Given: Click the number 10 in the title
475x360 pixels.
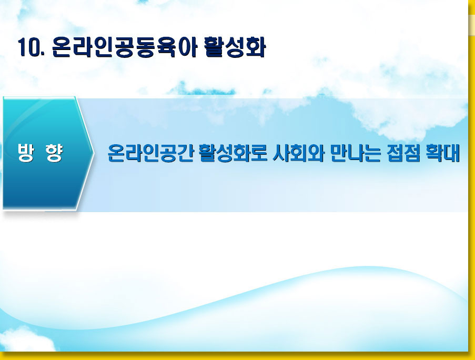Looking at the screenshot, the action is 29,47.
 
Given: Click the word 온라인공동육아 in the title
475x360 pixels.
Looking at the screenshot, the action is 125,47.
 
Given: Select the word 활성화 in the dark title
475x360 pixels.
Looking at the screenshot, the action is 235,47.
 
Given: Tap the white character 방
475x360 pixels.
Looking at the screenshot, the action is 26,153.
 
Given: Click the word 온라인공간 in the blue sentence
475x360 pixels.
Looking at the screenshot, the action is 150,153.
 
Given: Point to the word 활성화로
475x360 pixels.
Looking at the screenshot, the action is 233,153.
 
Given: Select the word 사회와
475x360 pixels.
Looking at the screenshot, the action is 299,153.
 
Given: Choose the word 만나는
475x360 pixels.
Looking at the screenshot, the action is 356,153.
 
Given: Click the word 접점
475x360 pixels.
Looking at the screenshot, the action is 403,153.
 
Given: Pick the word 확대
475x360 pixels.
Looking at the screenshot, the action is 443,153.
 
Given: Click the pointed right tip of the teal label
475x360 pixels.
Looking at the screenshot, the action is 94,154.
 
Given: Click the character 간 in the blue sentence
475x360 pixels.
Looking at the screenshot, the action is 185,153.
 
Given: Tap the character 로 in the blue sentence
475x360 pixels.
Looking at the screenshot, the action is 259,153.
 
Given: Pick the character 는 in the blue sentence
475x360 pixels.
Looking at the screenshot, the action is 372,153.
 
